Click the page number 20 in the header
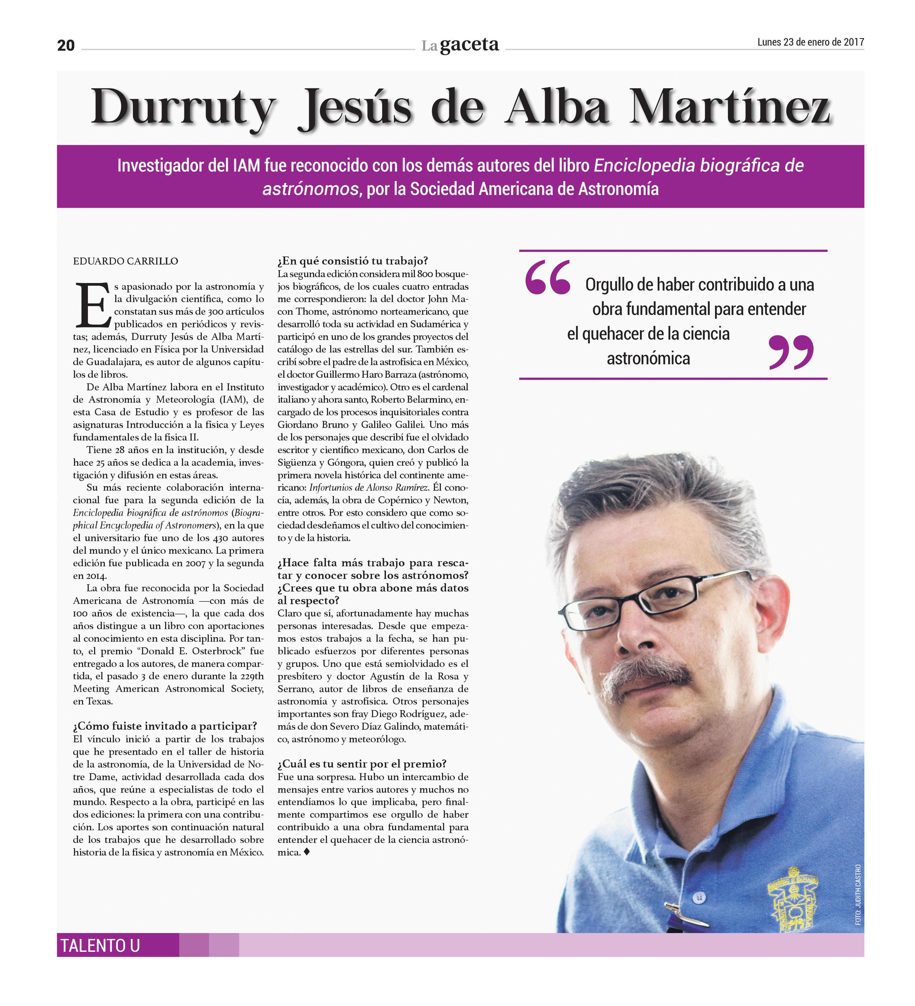[x=66, y=45]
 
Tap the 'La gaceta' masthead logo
[x=460, y=45]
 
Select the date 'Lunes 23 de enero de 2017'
[x=810, y=42]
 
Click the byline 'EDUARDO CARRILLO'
[x=126, y=261]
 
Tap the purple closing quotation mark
[x=791, y=352]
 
